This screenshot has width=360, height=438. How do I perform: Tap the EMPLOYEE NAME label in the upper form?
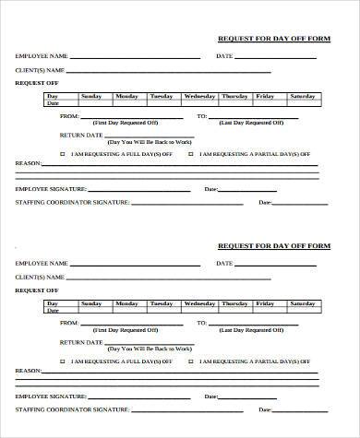42,57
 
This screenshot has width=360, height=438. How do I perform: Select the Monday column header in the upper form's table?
126,96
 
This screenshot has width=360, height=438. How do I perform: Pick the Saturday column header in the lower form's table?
301,302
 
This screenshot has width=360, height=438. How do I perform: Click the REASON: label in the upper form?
28,163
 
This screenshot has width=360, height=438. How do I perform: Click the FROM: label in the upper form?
68,117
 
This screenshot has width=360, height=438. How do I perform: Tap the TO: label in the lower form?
202,324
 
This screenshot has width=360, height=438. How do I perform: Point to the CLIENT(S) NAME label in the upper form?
40,70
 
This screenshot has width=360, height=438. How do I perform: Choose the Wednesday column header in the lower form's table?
199,302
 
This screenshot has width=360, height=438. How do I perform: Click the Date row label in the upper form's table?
53,103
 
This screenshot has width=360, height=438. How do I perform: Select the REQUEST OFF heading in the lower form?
34,290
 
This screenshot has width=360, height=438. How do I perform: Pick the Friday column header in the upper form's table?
265,96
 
